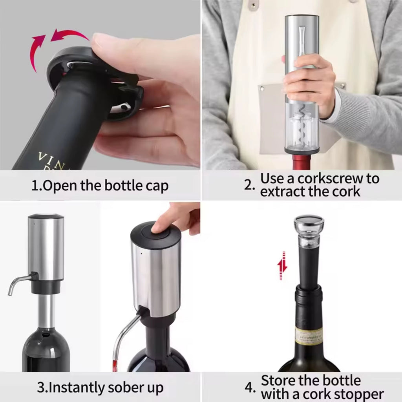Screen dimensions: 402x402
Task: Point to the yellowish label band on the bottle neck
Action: (309, 336)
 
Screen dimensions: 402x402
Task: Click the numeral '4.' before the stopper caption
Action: (250, 387)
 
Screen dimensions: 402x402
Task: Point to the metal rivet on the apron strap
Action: (252, 5)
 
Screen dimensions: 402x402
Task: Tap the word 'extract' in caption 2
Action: (281, 192)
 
